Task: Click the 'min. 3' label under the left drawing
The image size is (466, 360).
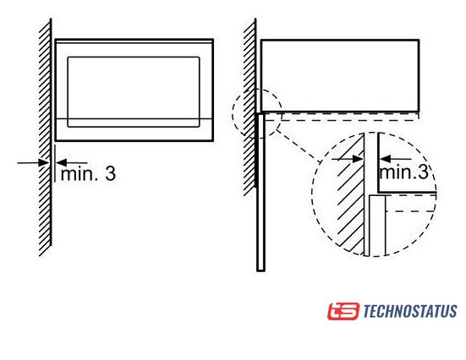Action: click(x=88, y=173)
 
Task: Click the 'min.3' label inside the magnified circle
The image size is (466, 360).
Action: click(x=404, y=172)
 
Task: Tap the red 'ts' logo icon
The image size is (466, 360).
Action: click(x=343, y=311)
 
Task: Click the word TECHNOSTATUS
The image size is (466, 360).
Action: click(x=410, y=311)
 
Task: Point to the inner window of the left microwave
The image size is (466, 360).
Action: click(x=134, y=92)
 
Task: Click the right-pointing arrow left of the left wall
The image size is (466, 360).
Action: click(x=33, y=163)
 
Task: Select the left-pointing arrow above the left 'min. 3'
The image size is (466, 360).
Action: click(x=72, y=163)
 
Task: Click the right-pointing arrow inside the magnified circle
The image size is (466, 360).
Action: click(x=347, y=159)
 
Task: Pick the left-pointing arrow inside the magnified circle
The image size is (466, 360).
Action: click(x=396, y=159)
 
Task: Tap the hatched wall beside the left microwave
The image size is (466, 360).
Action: click(x=45, y=137)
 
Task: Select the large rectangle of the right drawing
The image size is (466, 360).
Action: click(x=340, y=76)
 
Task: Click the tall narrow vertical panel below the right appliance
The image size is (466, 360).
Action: click(x=260, y=192)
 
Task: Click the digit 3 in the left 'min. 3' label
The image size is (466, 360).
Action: click(x=110, y=173)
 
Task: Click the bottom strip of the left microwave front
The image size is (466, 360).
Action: click(x=134, y=130)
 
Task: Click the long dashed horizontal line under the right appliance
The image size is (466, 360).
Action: click(x=342, y=121)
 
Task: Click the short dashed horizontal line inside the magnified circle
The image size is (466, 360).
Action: click(x=411, y=211)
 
